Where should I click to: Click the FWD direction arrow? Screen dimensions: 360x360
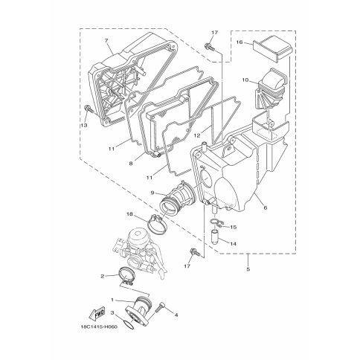point(97,314)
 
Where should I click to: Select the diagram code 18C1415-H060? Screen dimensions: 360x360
point(99,327)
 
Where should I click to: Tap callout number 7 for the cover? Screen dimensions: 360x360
point(106,41)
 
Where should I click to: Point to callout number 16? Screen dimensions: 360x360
point(240,42)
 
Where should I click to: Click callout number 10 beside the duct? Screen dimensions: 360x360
point(245,80)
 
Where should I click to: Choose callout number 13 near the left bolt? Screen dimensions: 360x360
point(84,125)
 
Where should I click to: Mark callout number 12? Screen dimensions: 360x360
point(197,135)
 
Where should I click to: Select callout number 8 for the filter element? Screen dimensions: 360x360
point(131,163)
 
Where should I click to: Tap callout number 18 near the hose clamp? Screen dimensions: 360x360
point(129,213)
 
